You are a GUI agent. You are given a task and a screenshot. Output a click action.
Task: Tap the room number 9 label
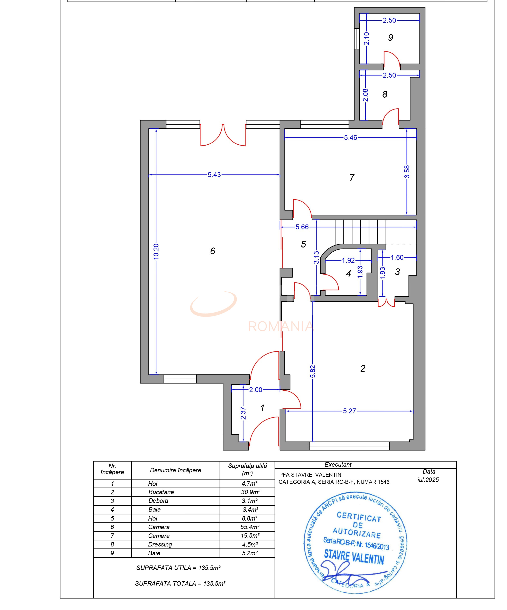390,37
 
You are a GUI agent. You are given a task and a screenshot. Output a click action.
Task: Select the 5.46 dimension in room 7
350,138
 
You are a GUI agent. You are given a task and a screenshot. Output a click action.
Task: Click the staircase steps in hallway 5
360,232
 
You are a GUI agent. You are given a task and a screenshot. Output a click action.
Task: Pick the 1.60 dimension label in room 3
397,257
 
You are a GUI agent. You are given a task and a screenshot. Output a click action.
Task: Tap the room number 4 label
349,274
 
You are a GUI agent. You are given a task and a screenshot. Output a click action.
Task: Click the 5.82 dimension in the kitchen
313,371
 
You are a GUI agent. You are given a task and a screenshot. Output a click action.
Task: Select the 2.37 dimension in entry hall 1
243,413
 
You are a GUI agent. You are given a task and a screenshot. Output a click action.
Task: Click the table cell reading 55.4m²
250,527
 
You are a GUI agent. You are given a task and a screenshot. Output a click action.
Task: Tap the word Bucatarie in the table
161,492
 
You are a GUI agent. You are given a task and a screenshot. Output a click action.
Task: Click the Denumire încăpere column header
175,470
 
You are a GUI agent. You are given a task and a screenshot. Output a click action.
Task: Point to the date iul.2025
428,480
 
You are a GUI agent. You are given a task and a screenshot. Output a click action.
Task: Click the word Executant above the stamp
338,464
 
